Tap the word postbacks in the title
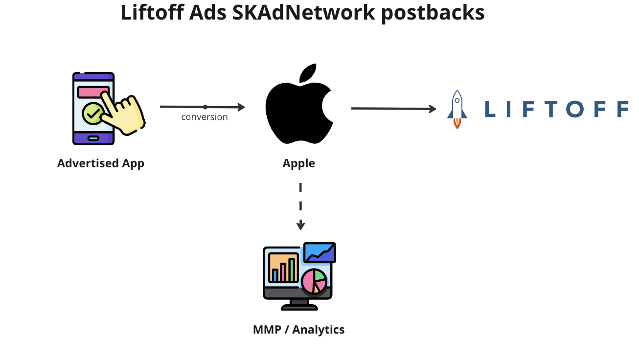[x=433, y=14]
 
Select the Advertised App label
[x=101, y=163]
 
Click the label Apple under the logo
[x=298, y=163]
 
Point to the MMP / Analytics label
[x=298, y=330]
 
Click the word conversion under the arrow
[x=205, y=117]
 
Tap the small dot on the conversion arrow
[x=205, y=107]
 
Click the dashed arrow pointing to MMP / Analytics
[x=300, y=205]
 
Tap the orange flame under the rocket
[x=457, y=123]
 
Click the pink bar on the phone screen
[x=93, y=92]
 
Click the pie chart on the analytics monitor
[x=314, y=281]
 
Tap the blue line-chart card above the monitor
[x=319, y=252]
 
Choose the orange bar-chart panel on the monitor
[x=283, y=268]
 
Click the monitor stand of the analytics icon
[x=299, y=305]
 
